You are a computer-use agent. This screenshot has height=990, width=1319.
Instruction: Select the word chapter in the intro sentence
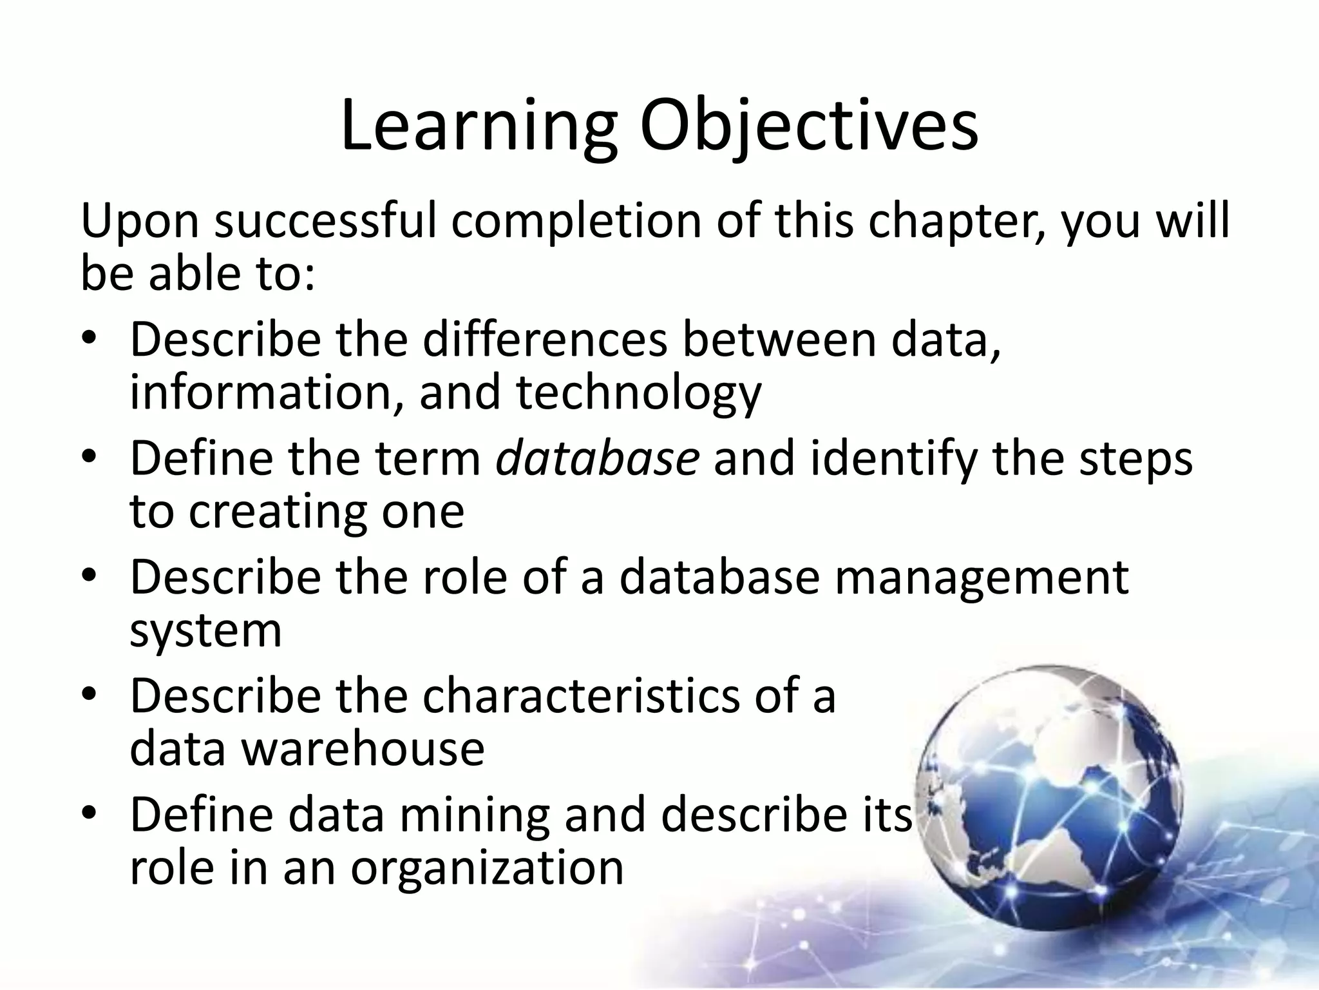957,222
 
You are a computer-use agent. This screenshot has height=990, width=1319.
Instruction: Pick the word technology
638,393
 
